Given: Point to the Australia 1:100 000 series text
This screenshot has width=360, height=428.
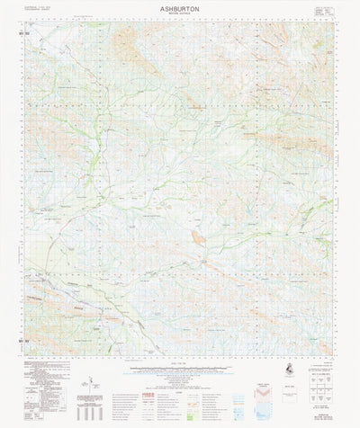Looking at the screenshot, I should (x=40, y=5).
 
